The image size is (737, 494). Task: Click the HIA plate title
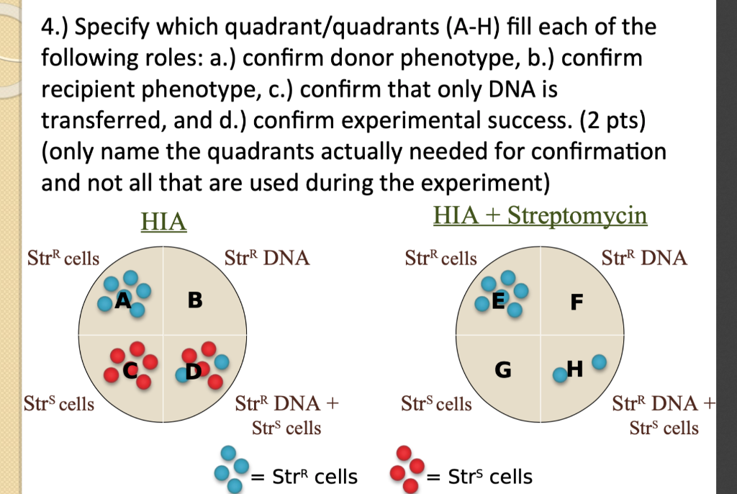pyautogui.click(x=163, y=221)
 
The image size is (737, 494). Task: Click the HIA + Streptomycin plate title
pyautogui.click(x=540, y=215)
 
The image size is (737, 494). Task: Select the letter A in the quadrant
pyautogui.click(x=123, y=300)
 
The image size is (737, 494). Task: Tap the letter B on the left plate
pyautogui.click(x=195, y=300)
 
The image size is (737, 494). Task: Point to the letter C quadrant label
pyautogui.click(x=131, y=370)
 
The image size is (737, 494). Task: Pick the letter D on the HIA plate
pyautogui.click(x=194, y=371)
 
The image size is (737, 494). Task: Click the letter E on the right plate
pyautogui.click(x=498, y=300)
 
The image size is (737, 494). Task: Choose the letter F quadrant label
pyautogui.click(x=577, y=302)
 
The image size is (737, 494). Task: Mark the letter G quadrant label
pyautogui.click(x=503, y=370)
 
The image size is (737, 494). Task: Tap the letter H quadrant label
pyautogui.click(x=575, y=369)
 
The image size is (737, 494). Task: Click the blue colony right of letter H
pyautogui.click(x=599, y=361)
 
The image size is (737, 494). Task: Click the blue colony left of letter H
pyautogui.click(x=560, y=374)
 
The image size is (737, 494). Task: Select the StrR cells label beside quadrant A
pyautogui.click(x=63, y=258)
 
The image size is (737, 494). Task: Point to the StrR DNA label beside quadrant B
pyautogui.click(x=267, y=258)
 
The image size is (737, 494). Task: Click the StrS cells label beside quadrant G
pyautogui.click(x=436, y=403)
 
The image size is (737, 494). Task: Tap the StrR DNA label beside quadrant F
pyautogui.click(x=644, y=258)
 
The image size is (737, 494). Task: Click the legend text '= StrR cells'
pyautogui.click(x=304, y=477)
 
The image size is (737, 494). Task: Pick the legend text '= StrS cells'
pyautogui.click(x=479, y=477)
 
